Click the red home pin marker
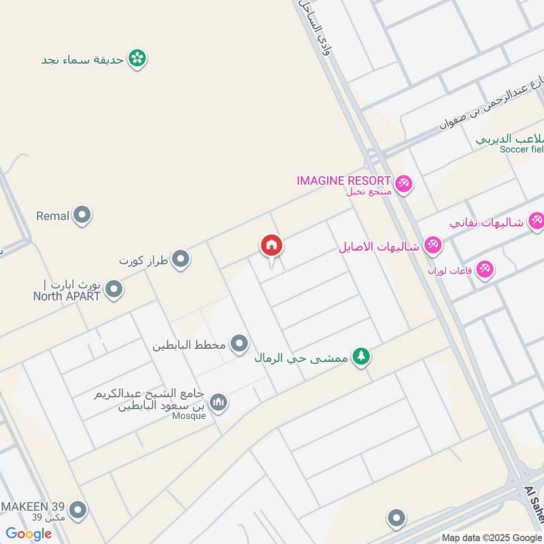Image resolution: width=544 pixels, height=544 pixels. (271, 246)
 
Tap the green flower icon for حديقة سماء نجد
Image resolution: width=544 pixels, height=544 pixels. (138, 58)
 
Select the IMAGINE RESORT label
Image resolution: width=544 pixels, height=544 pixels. (343, 181)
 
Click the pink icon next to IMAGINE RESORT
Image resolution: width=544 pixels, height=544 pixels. (404, 184)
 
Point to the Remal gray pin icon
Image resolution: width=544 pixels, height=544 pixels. (83, 216)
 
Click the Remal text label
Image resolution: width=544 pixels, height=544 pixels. (53, 216)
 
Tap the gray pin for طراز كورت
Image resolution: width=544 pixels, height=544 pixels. (180, 259)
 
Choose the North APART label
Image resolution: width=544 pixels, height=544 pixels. (67, 296)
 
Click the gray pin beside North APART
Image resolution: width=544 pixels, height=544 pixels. (114, 290)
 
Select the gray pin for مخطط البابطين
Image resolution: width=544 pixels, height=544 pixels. (239, 344)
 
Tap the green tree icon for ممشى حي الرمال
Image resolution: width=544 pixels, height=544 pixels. (361, 356)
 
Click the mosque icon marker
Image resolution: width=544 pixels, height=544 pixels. (218, 403)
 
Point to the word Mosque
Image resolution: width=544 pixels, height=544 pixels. (188, 416)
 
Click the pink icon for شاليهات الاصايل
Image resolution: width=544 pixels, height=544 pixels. (432, 245)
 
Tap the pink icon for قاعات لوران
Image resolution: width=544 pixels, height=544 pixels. (484, 269)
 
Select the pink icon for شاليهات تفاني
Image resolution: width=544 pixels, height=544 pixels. (537, 222)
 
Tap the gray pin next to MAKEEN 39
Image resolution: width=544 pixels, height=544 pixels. (78, 509)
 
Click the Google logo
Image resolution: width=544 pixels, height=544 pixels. (29, 534)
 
